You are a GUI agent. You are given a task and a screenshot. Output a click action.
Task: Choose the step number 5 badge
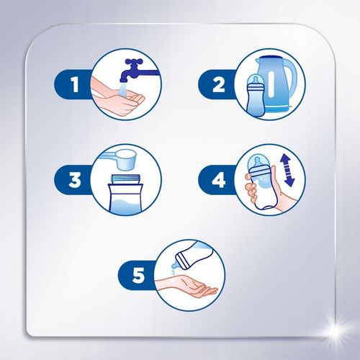[x=142, y=274]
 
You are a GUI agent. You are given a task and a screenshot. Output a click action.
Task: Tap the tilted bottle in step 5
[x=197, y=258]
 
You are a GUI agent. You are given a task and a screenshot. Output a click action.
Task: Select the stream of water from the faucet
[x=123, y=86]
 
